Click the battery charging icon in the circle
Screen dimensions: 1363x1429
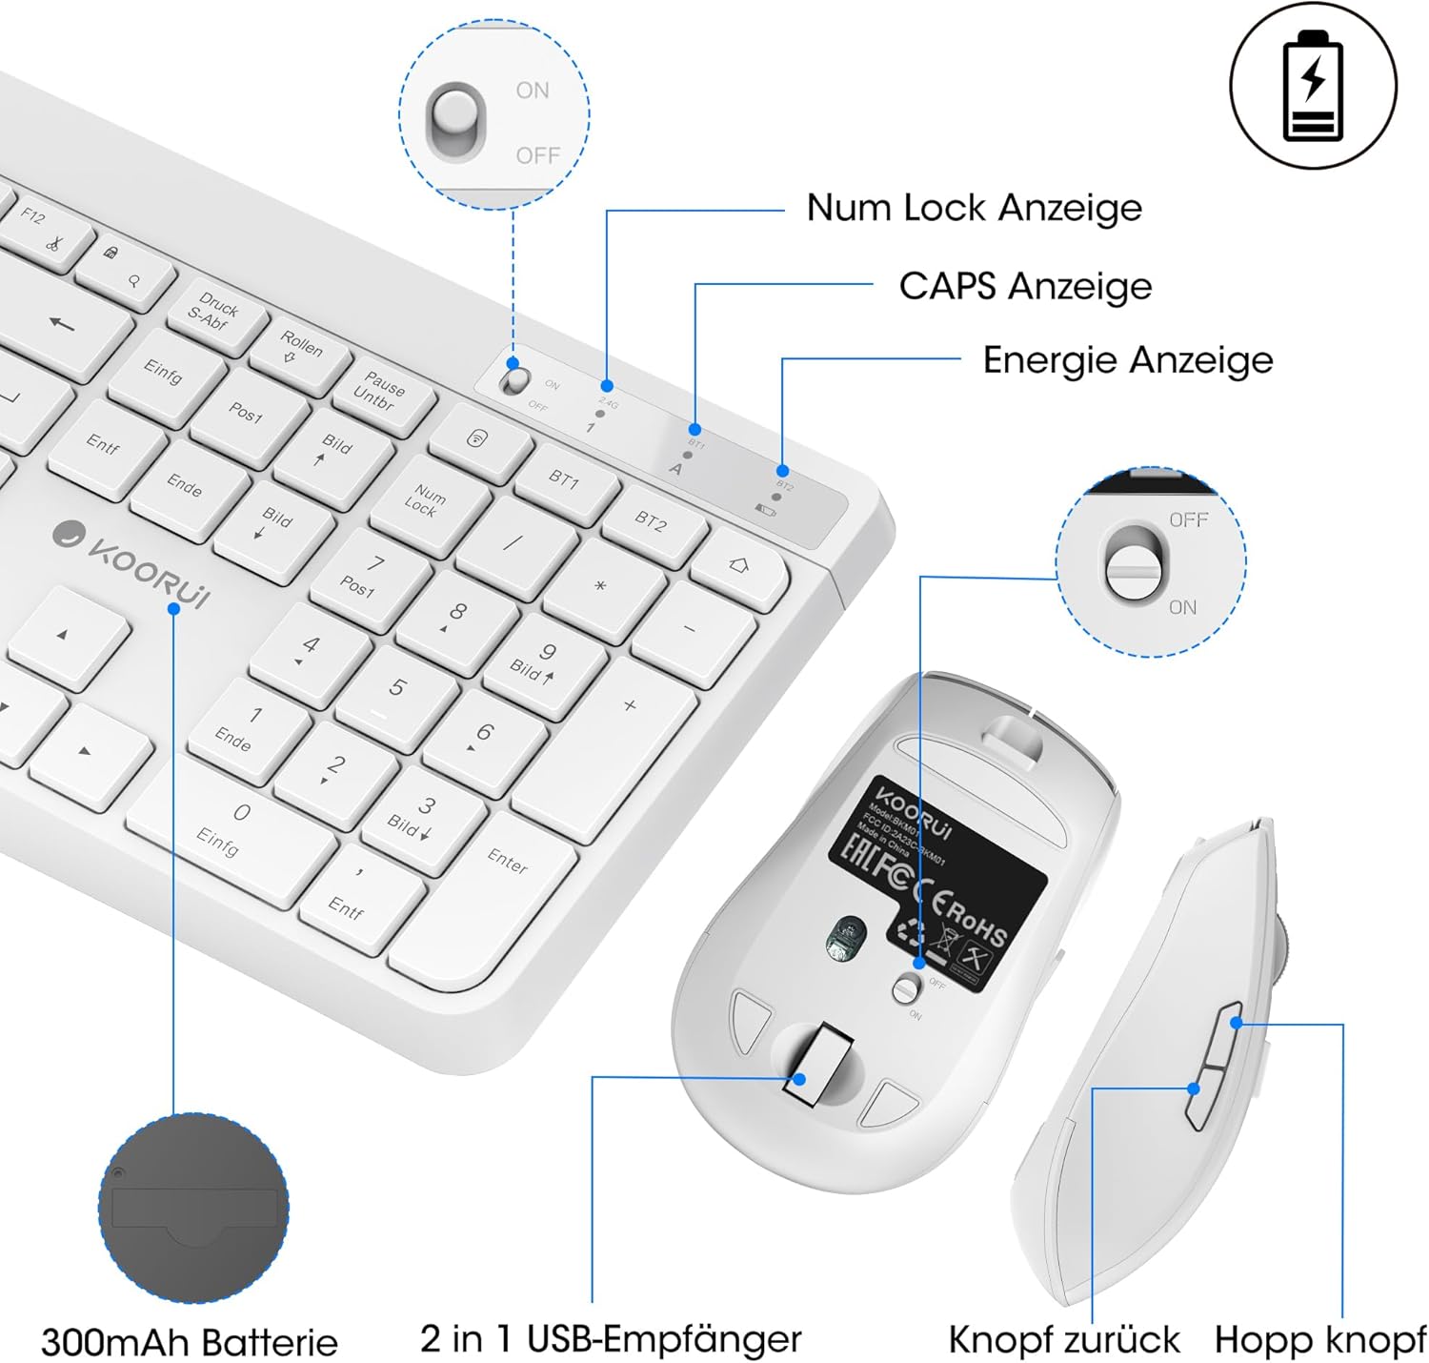1313,86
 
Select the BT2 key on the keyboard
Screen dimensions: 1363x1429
653,521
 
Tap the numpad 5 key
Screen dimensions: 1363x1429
396,689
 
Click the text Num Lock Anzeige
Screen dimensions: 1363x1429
974,208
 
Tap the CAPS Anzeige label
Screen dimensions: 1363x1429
1025,286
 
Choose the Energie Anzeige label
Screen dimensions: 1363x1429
1127,360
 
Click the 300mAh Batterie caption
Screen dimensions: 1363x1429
190,1342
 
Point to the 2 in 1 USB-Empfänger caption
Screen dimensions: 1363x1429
611,1338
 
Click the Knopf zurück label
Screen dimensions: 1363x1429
1063,1339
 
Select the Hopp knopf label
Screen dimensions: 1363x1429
1319,1339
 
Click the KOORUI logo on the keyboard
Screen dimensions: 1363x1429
133,564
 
